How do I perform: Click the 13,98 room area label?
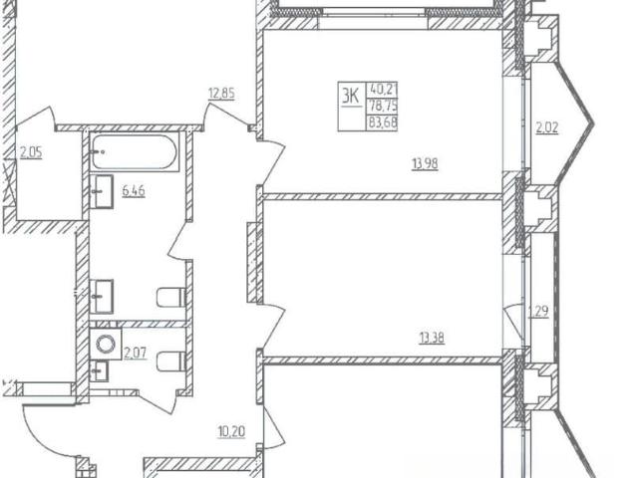[426, 164]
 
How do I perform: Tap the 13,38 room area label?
[432, 338]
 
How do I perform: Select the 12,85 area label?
[221, 95]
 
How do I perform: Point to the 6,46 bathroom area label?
[134, 190]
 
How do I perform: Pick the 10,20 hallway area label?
[231, 431]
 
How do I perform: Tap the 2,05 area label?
[31, 153]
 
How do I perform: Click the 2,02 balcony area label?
[547, 128]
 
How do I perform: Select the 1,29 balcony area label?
[538, 312]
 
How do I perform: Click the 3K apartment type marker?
[350, 97]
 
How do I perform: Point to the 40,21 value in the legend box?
[383, 89]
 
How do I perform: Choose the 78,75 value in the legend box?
[383, 107]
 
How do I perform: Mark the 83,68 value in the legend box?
[383, 122]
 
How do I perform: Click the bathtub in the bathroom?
[134, 151]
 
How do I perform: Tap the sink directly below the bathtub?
[101, 191]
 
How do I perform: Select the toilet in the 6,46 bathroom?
[171, 298]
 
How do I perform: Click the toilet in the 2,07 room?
[171, 361]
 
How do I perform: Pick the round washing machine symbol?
[106, 344]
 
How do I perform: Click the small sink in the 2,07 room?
[99, 371]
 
